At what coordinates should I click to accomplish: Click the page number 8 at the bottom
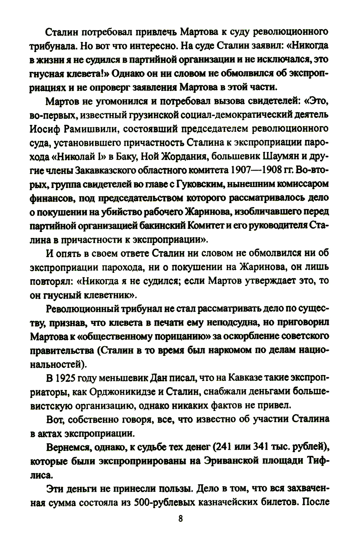click(180, 519)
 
